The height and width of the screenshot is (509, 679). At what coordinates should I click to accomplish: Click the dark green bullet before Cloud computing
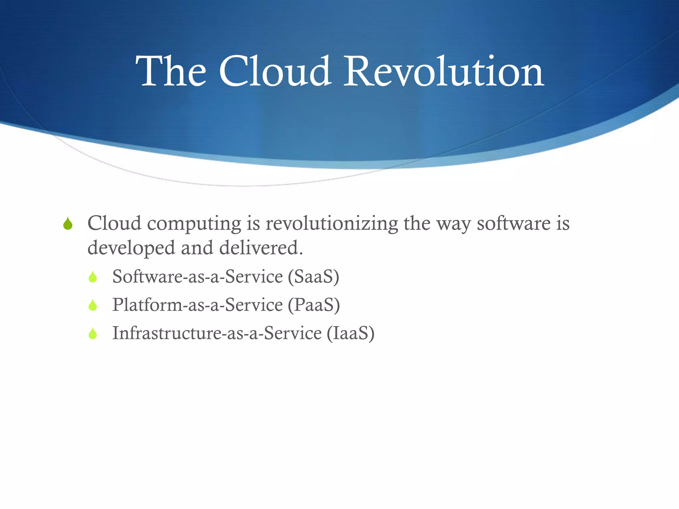tap(68, 224)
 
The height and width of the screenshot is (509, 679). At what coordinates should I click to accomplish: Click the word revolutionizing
tap(332, 224)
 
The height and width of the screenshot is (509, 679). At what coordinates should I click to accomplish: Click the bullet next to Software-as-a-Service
tap(93, 277)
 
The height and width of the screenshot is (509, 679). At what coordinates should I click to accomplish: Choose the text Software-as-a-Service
tap(198, 277)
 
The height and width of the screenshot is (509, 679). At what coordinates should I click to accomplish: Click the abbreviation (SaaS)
tap(314, 277)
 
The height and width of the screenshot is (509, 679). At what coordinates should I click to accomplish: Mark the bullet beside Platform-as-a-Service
tap(93, 305)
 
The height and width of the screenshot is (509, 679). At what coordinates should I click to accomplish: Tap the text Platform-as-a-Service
tap(198, 305)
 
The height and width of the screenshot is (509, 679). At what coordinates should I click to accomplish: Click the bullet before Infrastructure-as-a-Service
tap(93, 333)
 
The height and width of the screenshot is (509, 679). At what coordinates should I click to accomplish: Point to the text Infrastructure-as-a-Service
tap(217, 333)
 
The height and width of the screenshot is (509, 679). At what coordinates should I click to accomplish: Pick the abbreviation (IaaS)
tap(351, 333)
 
